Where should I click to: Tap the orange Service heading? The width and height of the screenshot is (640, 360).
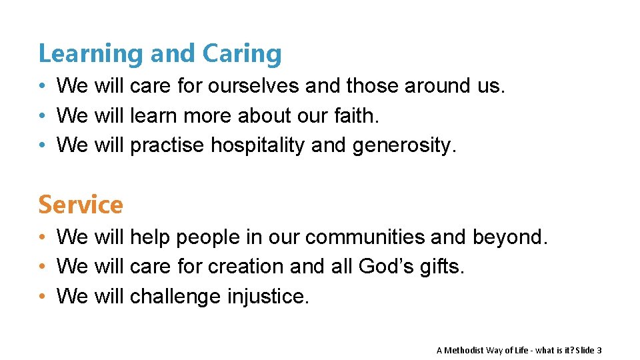click(81, 205)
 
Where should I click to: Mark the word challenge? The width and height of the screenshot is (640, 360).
click(175, 296)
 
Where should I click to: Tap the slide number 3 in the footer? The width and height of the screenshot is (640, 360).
click(599, 350)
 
